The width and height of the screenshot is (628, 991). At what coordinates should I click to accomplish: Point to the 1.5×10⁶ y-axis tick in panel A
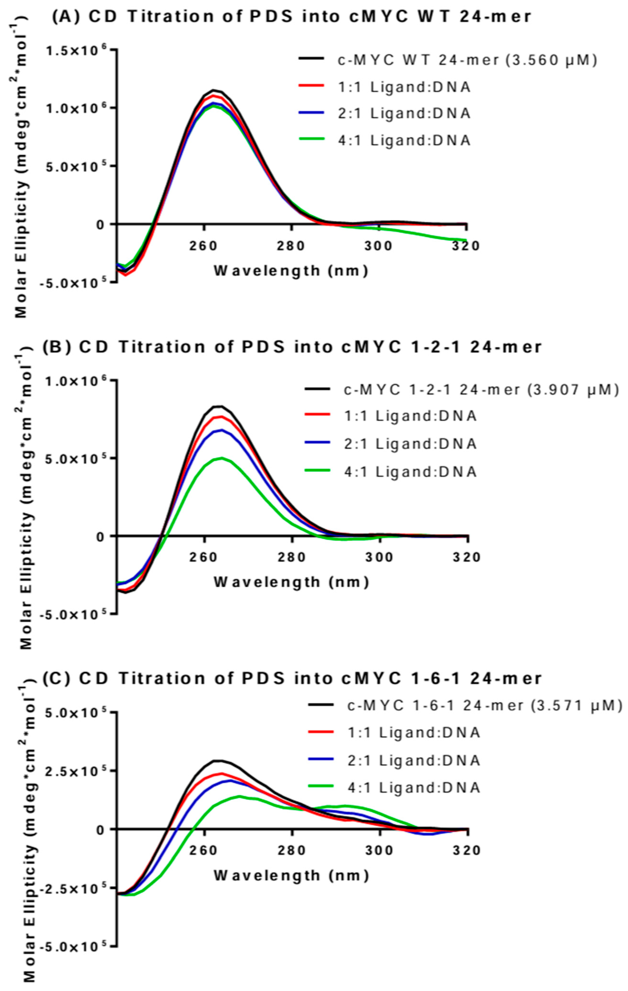82,50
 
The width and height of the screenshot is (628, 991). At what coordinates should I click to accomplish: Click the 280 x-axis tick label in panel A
292,246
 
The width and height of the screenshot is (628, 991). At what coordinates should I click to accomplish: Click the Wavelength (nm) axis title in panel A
291,270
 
